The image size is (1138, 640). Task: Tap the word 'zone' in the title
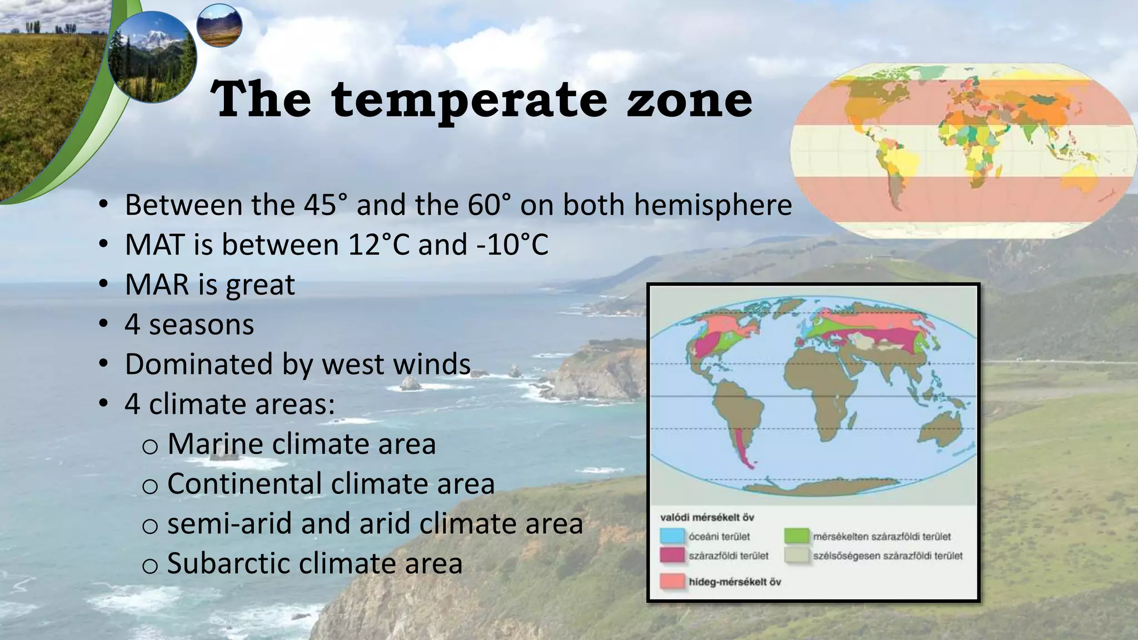click(x=689, y=100)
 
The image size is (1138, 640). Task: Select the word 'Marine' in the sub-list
click(x=213, y=444)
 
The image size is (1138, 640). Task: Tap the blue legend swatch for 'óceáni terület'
click(x=672, y=537)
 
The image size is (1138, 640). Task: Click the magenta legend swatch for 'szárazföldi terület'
click(x=672, y=556)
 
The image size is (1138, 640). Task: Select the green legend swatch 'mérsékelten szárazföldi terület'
click(x=796, y=537)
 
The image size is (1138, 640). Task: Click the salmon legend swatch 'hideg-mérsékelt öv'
click(x=672, y=582)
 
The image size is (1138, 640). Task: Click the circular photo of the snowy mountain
click(x=152, y=57)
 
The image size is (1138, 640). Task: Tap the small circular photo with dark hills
click(x=219, y=26)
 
